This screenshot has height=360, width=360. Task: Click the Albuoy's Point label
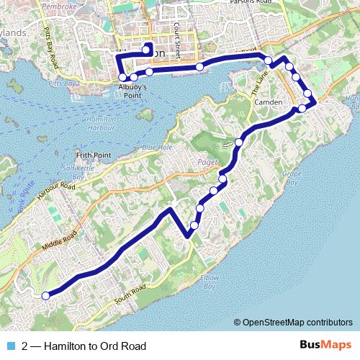(131, 89)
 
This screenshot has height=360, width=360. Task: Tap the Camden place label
(269, 102)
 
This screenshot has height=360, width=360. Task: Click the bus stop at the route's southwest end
(45, 295)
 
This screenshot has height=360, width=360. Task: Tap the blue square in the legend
(11, 347)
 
